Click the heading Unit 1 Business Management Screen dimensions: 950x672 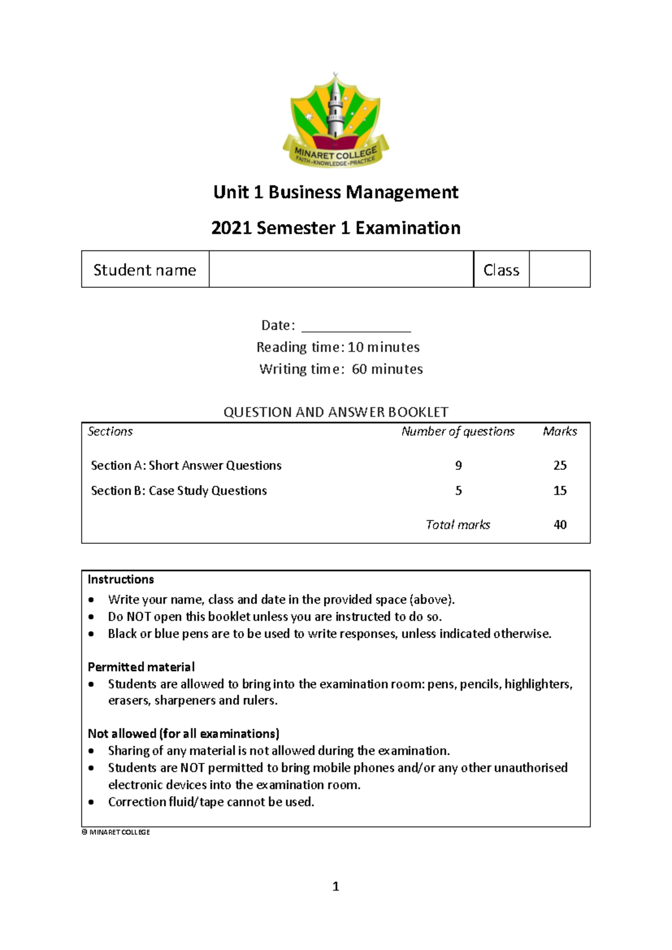(335, 192)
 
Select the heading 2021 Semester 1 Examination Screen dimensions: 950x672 (335, 228)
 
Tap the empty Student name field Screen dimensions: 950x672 (341, 269)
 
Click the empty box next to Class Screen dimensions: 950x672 (559, 269)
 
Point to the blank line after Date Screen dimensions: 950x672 (356, 327)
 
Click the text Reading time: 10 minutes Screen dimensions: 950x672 (338, 347)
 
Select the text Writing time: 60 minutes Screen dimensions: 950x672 (340, 369)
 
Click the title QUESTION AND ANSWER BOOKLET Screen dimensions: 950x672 (335, 412)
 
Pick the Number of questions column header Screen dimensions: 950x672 (458, 431)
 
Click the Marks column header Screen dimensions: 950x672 (559, 431)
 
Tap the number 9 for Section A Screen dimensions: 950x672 (458, 465)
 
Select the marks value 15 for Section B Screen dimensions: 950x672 (559, 491)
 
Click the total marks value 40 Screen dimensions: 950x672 (559, 525)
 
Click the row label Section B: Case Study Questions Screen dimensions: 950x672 (179, 491)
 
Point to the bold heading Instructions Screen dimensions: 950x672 (120, 579)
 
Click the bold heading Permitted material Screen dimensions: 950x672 (141, 667)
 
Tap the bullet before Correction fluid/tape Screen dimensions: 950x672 (91, 802)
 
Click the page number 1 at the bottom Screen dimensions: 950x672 (335, 886)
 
